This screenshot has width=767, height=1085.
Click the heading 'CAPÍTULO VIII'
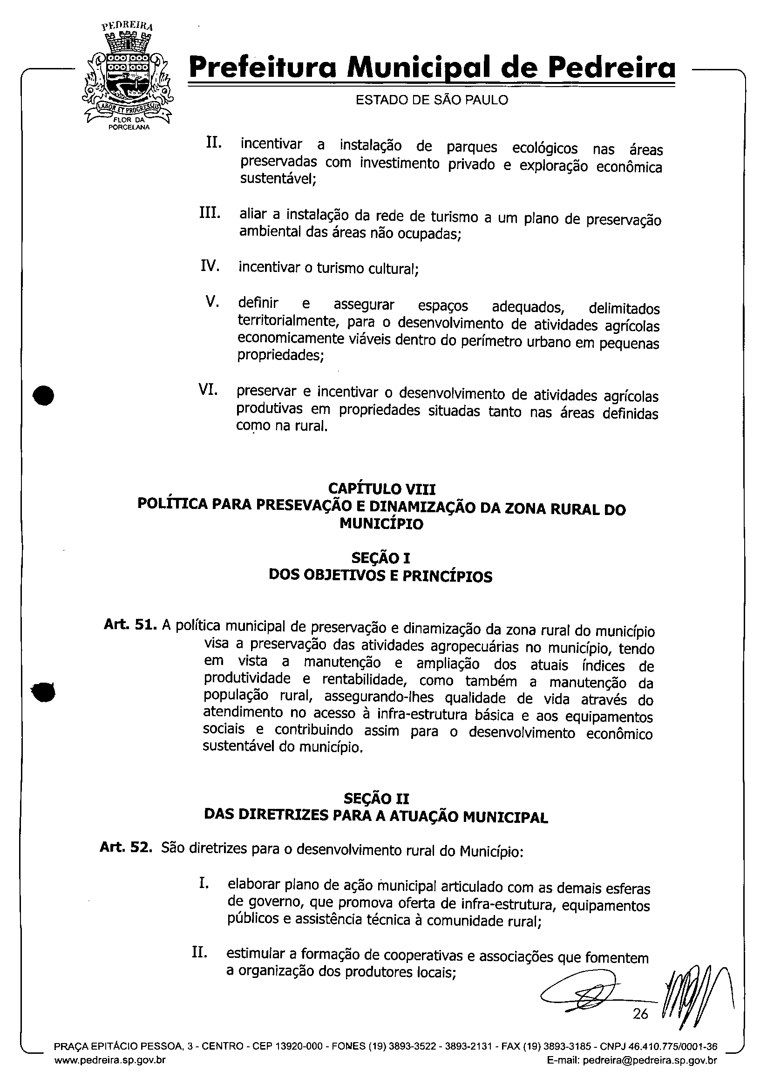[382, 488]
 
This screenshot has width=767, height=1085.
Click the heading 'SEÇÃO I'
[381, 558]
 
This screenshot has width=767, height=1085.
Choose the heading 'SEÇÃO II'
[376, 799]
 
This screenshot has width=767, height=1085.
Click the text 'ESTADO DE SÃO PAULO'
[432, 100]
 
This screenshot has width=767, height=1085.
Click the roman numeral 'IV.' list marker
[210, 266]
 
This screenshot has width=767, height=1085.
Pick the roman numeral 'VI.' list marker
[208, 390]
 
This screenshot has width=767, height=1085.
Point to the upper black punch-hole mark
[44, 395]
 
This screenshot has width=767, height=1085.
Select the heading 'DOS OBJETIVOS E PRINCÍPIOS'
[380, 576]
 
